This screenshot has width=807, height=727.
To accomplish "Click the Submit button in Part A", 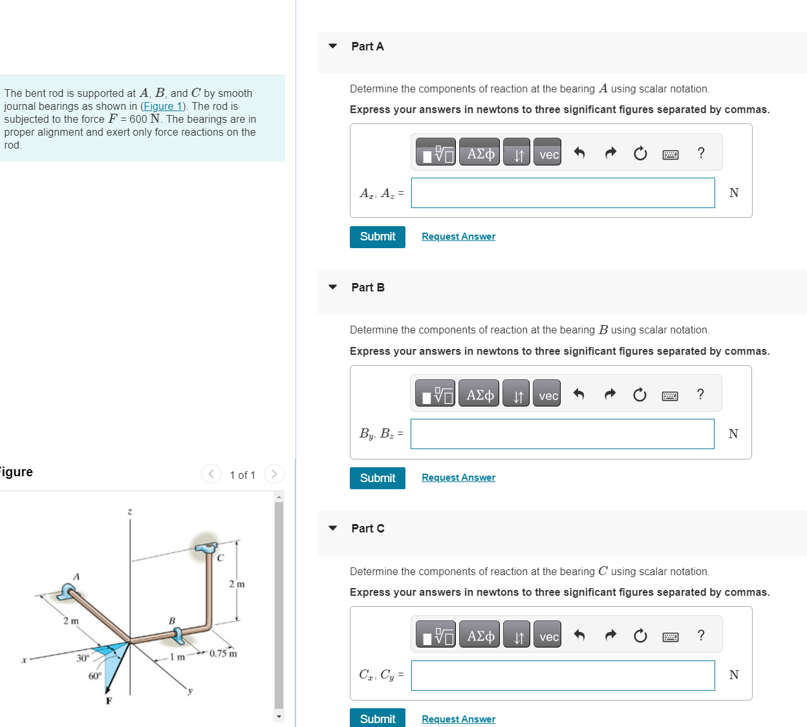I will click(x=377, y=237).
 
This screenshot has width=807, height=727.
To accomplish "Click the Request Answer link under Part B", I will click(x=458, y=478).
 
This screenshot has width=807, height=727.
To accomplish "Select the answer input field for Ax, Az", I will click(x=563, y=193).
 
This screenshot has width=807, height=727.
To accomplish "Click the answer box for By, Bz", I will click(x=562, y=434).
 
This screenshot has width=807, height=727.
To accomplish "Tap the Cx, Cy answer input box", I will click(x=563, y=675).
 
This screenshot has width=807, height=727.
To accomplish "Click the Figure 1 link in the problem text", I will click(x=163, y=107).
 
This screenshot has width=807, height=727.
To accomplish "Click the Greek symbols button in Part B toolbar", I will click(x=479, y=395).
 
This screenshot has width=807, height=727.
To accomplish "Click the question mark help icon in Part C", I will click(x=700, y=636).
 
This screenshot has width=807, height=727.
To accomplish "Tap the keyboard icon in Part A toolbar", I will click(x=671, y=154).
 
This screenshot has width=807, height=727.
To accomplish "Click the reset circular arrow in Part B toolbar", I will click(x=639, y=395).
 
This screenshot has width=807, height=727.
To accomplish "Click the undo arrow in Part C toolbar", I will click(x=579, y=636).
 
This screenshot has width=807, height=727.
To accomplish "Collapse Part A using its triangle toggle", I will click(x=333, y=47).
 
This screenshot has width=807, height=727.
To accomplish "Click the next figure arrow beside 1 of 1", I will click(x=274, y=474).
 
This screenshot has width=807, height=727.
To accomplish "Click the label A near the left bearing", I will click(x=76, y=576).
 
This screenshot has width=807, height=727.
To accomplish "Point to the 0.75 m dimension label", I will click(x=223, y=653).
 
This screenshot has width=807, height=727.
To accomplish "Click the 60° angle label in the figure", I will click(x=95, y=676).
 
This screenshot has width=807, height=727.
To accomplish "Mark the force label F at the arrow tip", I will click(x=109, y=701).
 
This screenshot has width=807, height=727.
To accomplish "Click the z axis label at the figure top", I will click(x=129, y=511).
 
